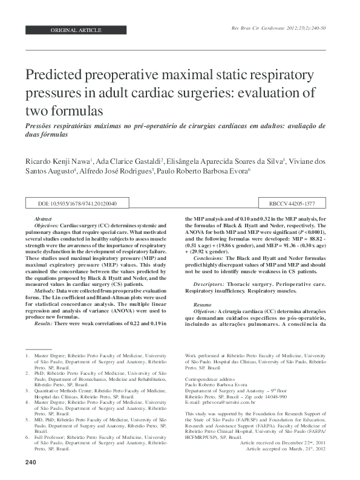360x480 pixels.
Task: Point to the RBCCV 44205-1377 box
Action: click(x=292, y=204)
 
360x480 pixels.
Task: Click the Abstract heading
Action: click(x=42, y=218)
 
